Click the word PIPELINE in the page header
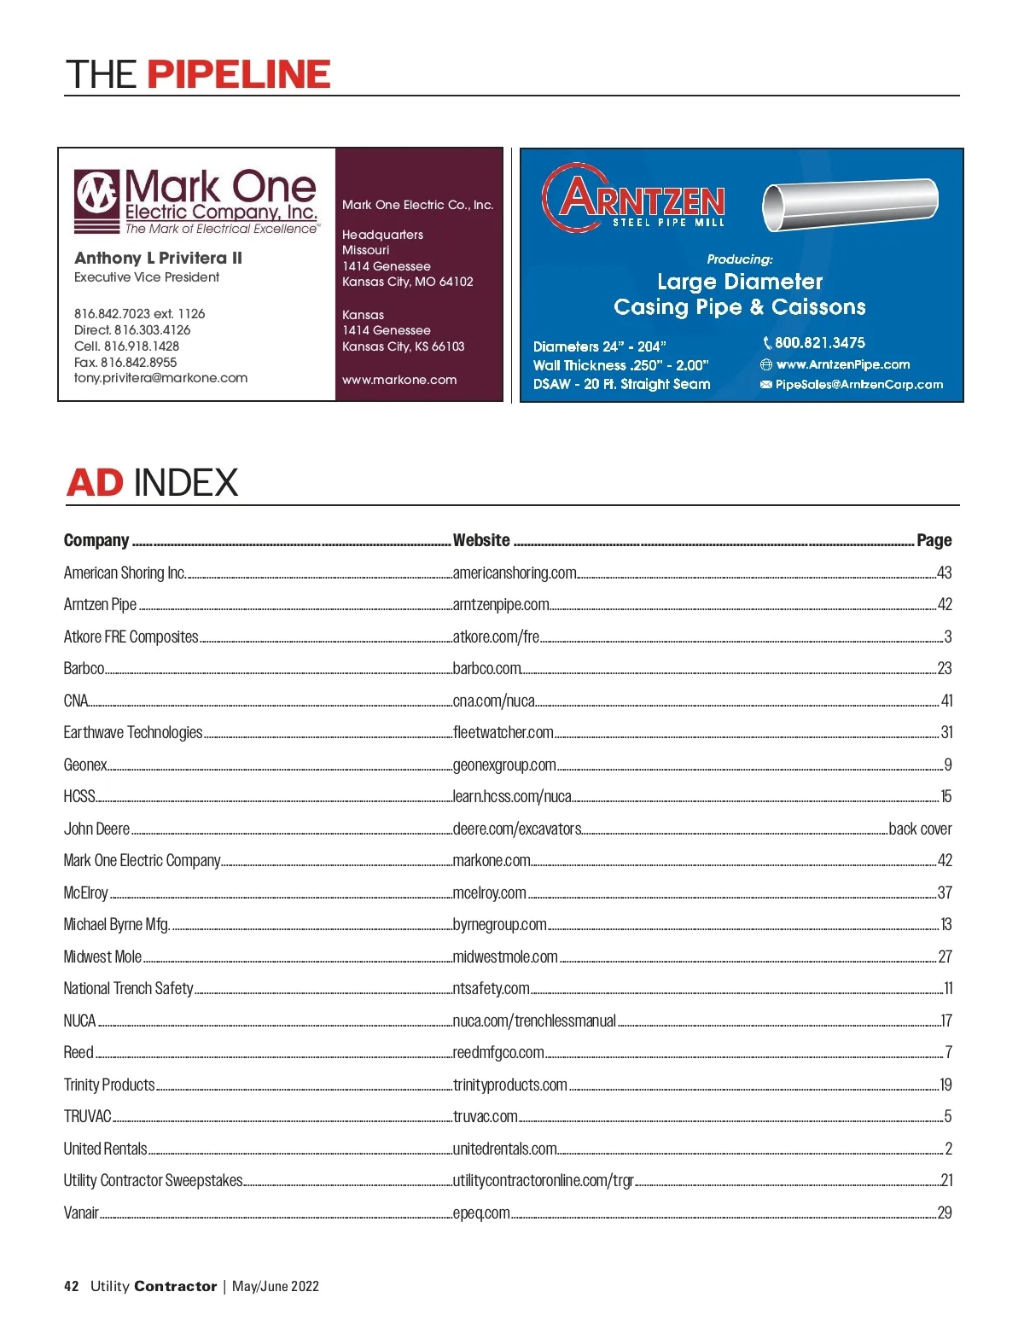(239, 75)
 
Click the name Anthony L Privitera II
(158, 258)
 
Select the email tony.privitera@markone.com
(160, 378)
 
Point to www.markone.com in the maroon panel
(399, 380)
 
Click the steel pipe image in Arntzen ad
(849, 205)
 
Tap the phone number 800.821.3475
(819, 343)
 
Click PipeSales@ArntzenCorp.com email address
(858, 385)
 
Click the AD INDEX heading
(152, 483)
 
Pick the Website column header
(481, 540)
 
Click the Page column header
(934, 540)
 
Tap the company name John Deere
(96, 829)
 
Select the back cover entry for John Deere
(920, 829)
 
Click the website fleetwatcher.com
(503, 732)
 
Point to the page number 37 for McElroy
(945, 893)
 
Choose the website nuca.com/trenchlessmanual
(534, 1021)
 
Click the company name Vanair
(81, 1213)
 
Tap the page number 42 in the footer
(72, 1286)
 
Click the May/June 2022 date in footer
(276, 1286)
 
